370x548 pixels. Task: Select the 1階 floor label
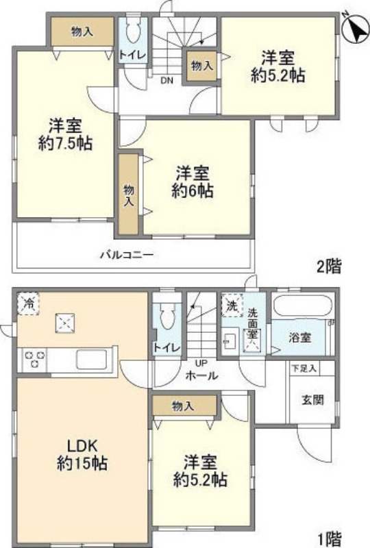pyautogui.click(x=329, y=538)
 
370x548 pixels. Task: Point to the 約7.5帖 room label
pyautogui.click(x=66, y=135)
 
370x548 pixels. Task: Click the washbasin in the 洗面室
pyautogui.click(x=230, y=339)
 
